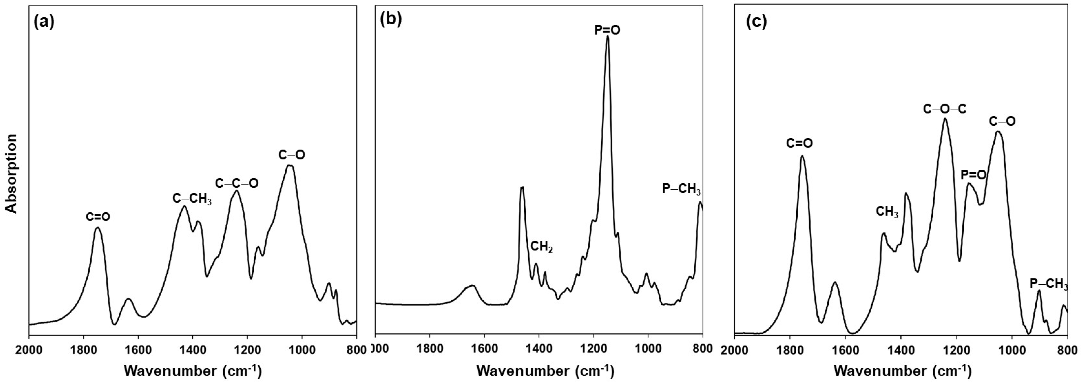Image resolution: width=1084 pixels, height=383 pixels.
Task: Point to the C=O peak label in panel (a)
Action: (x=98, y=217)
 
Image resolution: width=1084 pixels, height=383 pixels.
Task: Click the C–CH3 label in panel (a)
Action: (x=192, y=199)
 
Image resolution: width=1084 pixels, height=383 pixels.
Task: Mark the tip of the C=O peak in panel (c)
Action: (x=802, y=156)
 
